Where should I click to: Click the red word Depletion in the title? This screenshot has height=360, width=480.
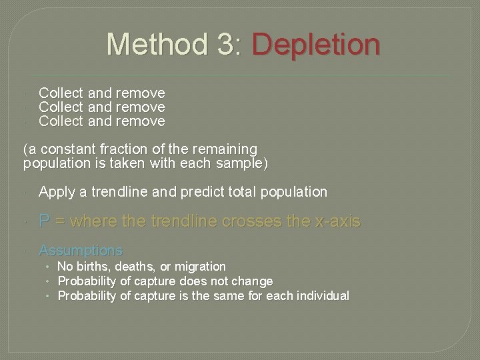coord(316,45)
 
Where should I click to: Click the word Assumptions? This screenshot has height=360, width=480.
coord(81,251)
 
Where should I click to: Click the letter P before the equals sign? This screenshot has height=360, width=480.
coord(45,221)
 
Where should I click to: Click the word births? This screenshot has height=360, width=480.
coord(93,267)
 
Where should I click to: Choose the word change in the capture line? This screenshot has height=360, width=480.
coord(251,281)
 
